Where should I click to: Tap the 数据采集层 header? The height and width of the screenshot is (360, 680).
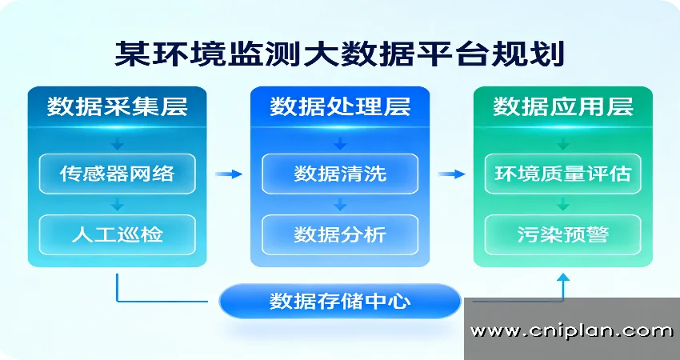point(117,107)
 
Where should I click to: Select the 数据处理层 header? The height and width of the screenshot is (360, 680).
point(340,107)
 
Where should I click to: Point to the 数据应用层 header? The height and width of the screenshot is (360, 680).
point(563,107)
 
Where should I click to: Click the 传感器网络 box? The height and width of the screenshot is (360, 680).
point(117,173)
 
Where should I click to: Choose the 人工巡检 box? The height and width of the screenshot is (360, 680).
point(117,234)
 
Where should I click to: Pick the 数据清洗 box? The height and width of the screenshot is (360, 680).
point(340,173)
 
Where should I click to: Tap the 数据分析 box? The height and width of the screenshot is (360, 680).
point(340,234)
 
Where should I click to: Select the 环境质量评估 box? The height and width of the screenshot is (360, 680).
point(563,173)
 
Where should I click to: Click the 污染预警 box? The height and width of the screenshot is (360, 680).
point(563,234)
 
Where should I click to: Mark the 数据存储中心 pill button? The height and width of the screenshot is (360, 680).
point(340,302)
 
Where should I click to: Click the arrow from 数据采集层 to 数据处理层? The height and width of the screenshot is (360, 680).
point(229,174)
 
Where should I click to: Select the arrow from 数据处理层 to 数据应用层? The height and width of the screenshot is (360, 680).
point(452,174)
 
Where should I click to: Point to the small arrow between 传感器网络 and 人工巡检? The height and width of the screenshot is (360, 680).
point(117,203)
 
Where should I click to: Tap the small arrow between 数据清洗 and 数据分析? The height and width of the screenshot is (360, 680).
point(340,203)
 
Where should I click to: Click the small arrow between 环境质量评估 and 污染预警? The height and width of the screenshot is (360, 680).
point(563,203)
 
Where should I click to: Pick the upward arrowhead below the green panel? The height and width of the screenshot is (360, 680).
point(563,278)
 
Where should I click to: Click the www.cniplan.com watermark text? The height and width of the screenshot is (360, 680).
point(571,330)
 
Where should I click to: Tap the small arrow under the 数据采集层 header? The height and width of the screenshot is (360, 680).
point(117,144)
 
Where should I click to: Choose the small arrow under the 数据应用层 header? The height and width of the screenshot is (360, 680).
point(563,144)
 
